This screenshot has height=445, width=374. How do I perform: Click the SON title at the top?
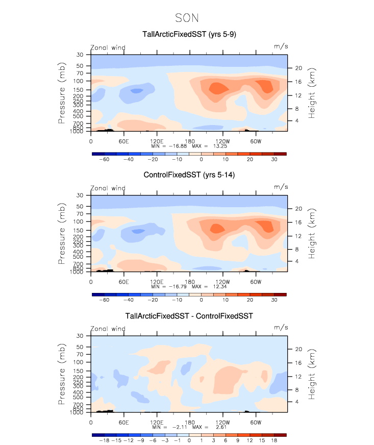[187, 18]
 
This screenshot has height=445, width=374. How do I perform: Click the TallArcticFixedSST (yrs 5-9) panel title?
[189, 35]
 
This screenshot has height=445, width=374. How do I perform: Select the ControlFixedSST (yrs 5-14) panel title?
[189, 176]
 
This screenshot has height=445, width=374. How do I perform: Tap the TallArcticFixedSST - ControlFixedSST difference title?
[189, 316]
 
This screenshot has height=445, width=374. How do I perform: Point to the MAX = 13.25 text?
[209, 145]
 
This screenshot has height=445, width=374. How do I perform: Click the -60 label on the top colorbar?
[104, 160]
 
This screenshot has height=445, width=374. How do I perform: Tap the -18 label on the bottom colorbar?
[104, 441]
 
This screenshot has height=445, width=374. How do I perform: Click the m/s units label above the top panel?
[281, 47]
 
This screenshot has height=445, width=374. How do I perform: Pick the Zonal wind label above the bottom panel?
[108, 329]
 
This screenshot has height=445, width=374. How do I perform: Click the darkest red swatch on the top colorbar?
[280, 154]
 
